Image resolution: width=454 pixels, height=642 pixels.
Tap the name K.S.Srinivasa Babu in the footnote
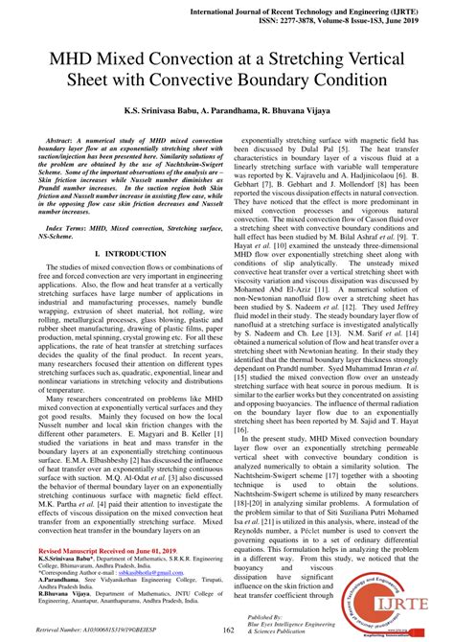coord(69,562)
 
